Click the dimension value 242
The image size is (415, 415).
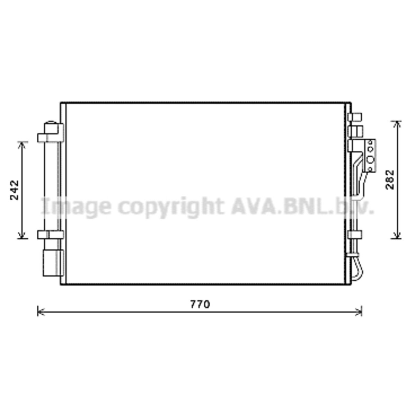coord(15,190)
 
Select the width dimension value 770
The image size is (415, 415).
coord(200,304)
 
